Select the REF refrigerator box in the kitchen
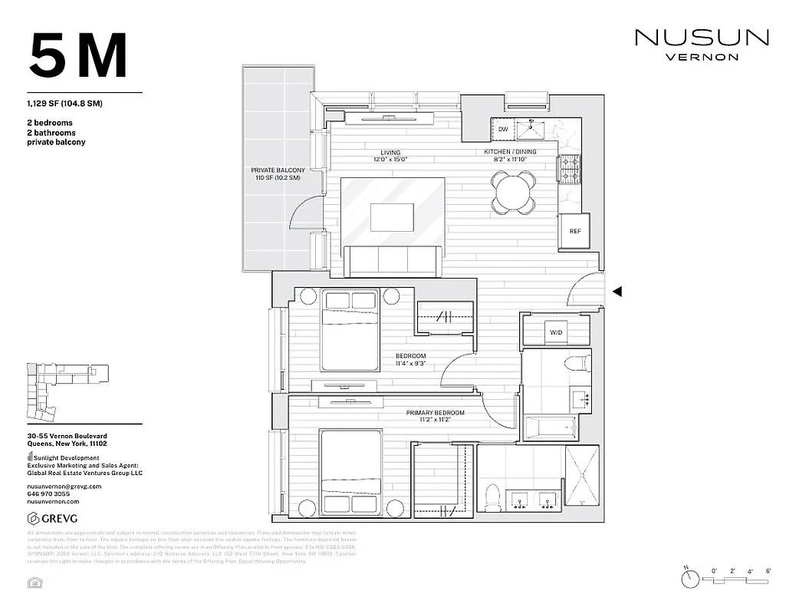pos(574,231)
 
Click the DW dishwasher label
pos(503,130)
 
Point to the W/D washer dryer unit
pos(556,332)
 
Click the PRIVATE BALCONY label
pos(278,173)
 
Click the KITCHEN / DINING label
pos(510,152)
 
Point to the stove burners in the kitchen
pos(570,170)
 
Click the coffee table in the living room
pos(393,216)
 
